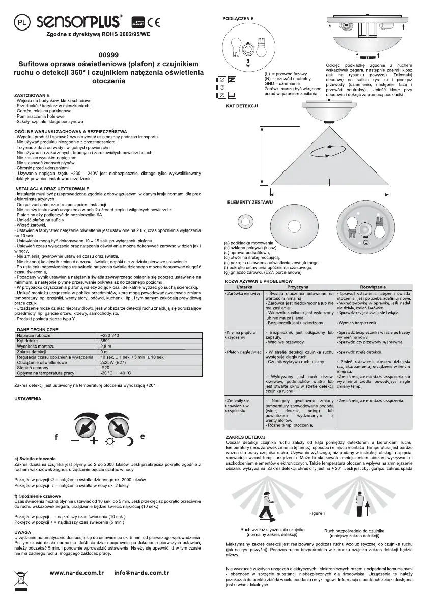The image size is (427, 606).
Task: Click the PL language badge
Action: (x=21, y=23)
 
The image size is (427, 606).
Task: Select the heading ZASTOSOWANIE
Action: (x=32, y=96)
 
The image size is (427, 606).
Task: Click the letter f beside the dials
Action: (x=56, y=437)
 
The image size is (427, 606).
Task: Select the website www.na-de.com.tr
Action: (x=76, y=572)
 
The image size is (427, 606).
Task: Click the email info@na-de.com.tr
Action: (x=142, y=572)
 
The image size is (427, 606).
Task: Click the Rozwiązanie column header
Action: (x=375, y=287)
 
